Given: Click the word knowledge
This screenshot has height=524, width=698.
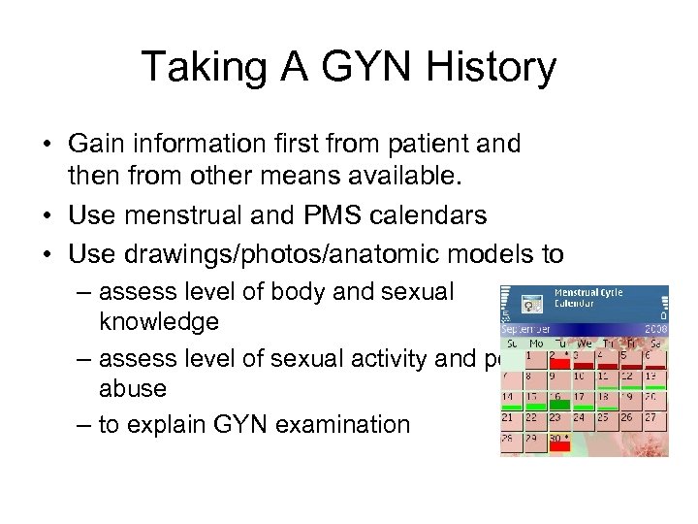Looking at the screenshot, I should (x=158, y=321).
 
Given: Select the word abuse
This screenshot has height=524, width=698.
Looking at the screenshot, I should (x=133, y=388).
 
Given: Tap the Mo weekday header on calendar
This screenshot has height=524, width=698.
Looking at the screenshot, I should (x=535, y=343).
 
